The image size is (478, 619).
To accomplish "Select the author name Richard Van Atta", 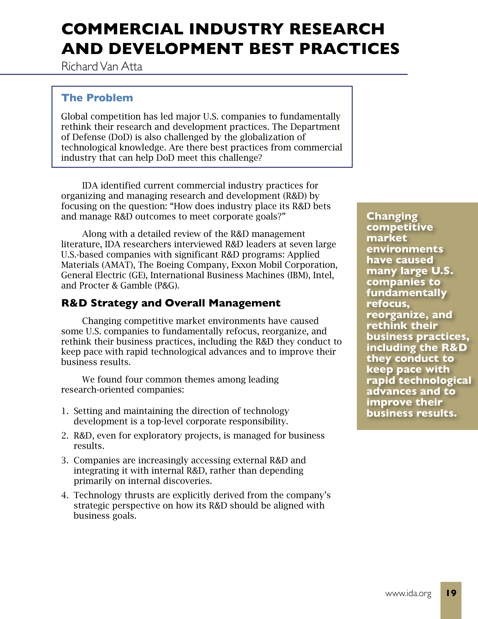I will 102,67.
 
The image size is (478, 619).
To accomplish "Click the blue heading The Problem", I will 97,98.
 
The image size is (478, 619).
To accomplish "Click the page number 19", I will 451,593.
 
